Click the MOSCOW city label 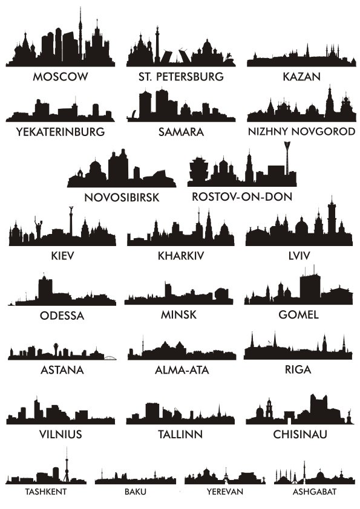click(x=61, y=77)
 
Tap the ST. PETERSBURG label click(x=181, y=77)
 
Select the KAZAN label click(x=301, y=77)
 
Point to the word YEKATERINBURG click(x=61, y=131)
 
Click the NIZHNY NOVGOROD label click(x=301, y=131)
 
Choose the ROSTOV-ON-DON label click(x=242, y=196)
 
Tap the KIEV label click(x=63, y=256)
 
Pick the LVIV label click(x=299, y=256)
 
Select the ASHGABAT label click(x=306, y=491)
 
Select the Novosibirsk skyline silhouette click(x=121, y=172)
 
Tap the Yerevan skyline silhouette click(x=224, y=478)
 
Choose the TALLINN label click(x=180, y=434)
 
